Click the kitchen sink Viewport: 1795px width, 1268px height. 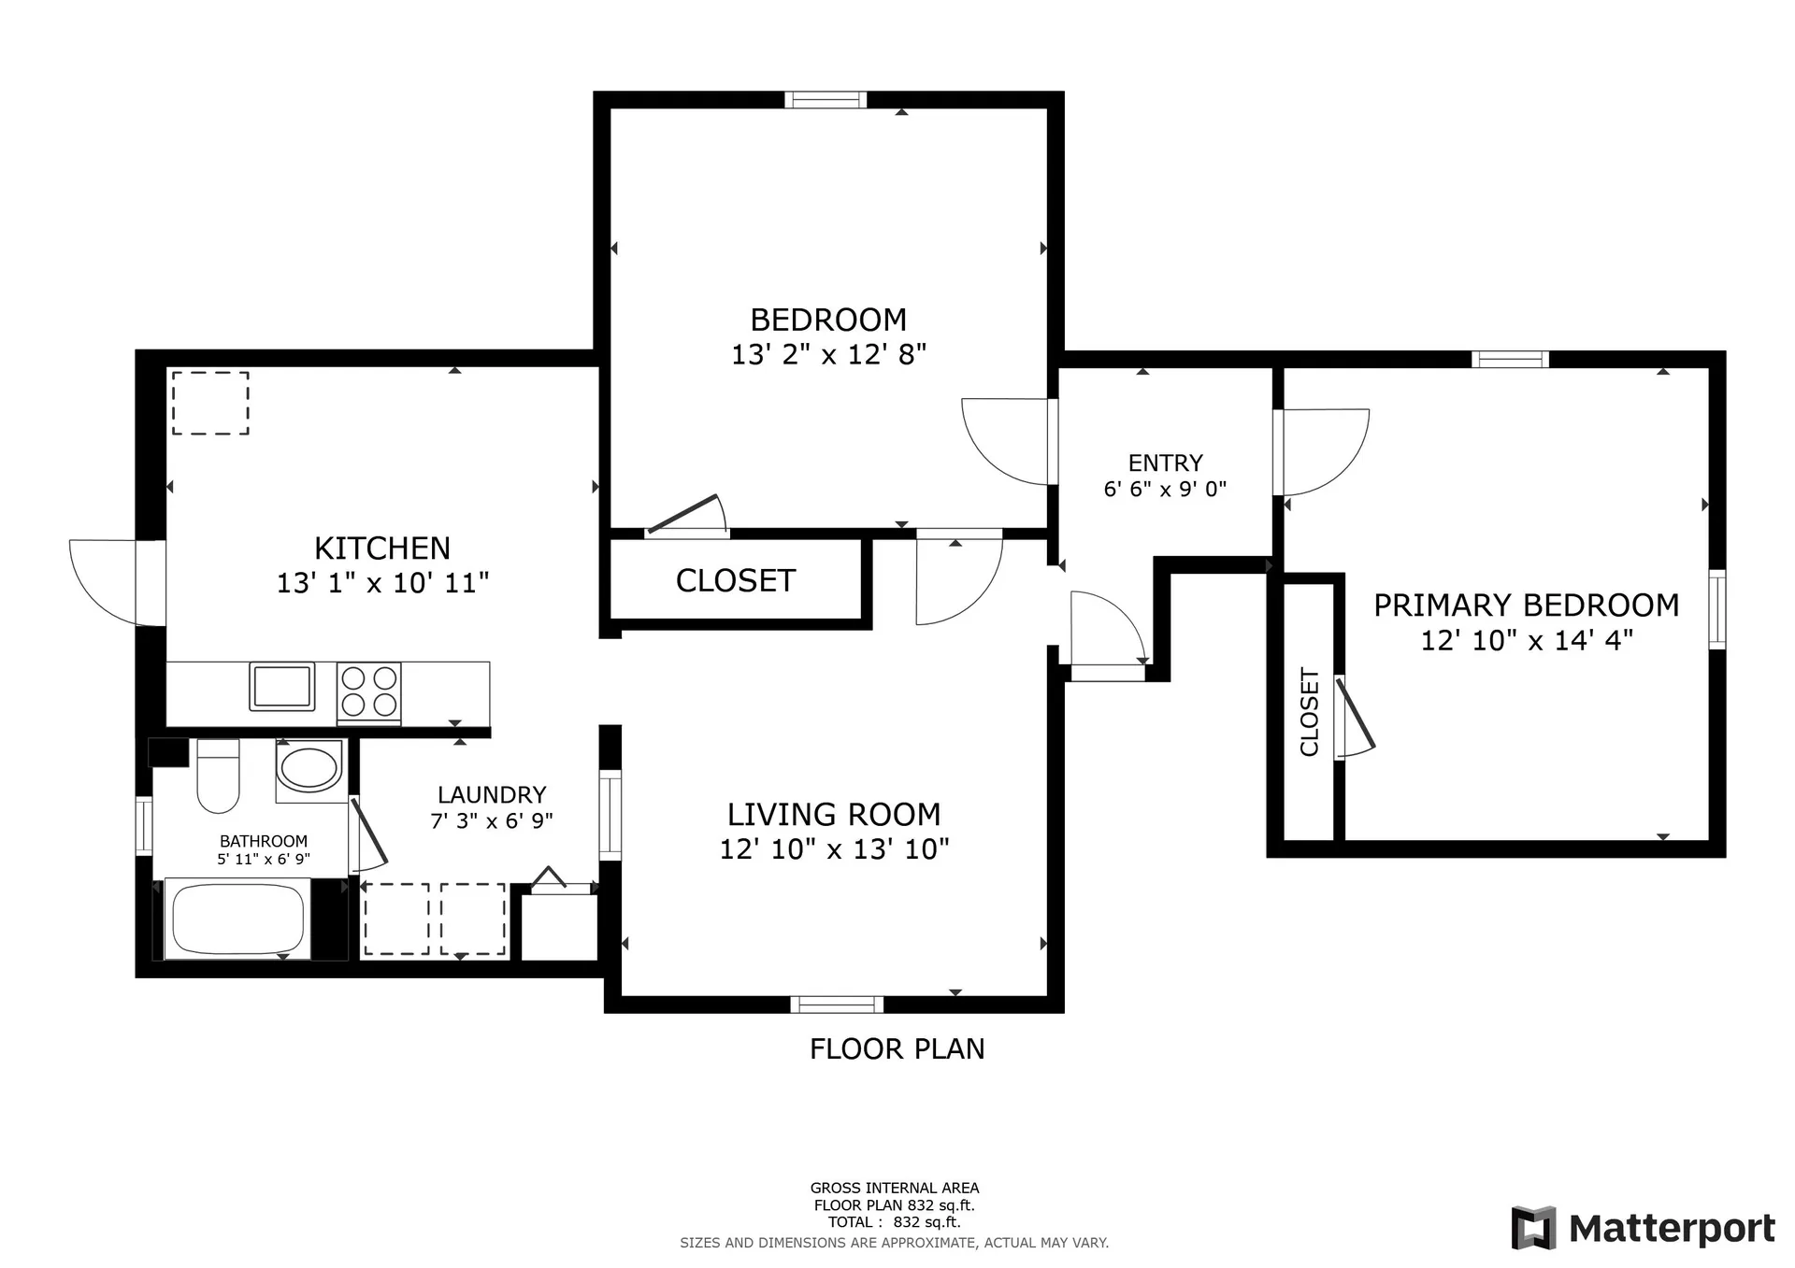pos(281,686)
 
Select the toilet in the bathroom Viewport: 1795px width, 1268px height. pos(218,776)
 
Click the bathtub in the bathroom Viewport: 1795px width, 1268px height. pos(237,919)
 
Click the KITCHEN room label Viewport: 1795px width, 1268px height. pos(382,548)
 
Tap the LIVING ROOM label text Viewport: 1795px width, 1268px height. pos(834,814)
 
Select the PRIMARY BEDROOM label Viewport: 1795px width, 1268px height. pos(1526,605)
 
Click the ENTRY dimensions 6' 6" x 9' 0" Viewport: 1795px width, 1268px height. pos(1165,489)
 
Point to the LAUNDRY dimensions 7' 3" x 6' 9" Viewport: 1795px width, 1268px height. pos(492,820)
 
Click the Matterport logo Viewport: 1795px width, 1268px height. pos(1643,1228)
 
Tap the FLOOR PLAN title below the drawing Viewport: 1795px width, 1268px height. pos(897,1048)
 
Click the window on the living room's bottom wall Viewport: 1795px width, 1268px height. pos(837,1004)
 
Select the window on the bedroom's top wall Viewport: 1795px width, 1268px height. pos(826,100)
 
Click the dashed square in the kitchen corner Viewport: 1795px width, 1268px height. pos(210,403)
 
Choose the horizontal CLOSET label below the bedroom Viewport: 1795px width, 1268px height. pos(736,580)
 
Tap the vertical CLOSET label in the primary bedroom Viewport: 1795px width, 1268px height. pos(1309,712)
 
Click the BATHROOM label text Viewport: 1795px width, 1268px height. pos(264,841)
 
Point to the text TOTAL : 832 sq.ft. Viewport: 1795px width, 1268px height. pos(894,1221)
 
